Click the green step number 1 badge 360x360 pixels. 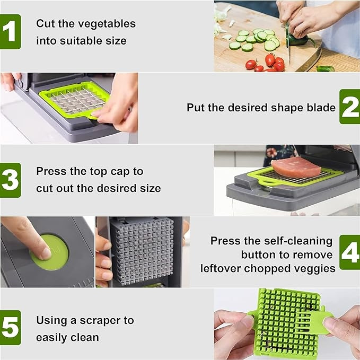tap(10, 31)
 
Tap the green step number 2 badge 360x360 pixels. tap(349, 107)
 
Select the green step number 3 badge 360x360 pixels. tap(10, 180)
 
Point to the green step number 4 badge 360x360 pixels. tap(349, 252)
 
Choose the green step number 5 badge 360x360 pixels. tap(10, 328)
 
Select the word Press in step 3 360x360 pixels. tap(50, 171)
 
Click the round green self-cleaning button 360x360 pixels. tap(50, 252)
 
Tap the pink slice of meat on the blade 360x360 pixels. tap(295, 167)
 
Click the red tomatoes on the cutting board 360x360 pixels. tap(272, 62)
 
